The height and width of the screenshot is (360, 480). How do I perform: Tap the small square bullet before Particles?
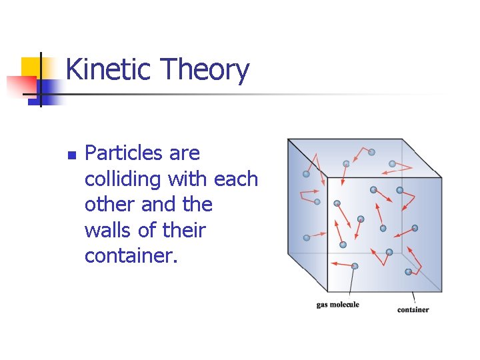coord(72,155)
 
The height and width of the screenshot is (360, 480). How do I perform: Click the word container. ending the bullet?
coord(131,255)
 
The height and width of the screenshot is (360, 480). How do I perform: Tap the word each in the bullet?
coord(235,179)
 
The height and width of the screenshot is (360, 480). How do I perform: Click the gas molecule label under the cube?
coord(337,305)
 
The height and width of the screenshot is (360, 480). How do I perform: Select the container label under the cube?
coord(413,309)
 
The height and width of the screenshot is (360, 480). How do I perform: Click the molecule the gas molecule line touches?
coord(355,266)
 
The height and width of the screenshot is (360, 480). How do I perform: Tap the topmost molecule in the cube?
coord(371,152)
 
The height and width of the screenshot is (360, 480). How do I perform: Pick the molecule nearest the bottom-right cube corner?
coord(408,272)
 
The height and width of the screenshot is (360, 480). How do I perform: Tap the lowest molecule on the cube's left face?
coord(307,237)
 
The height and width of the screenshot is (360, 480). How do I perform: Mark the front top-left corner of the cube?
coord(327,178)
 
